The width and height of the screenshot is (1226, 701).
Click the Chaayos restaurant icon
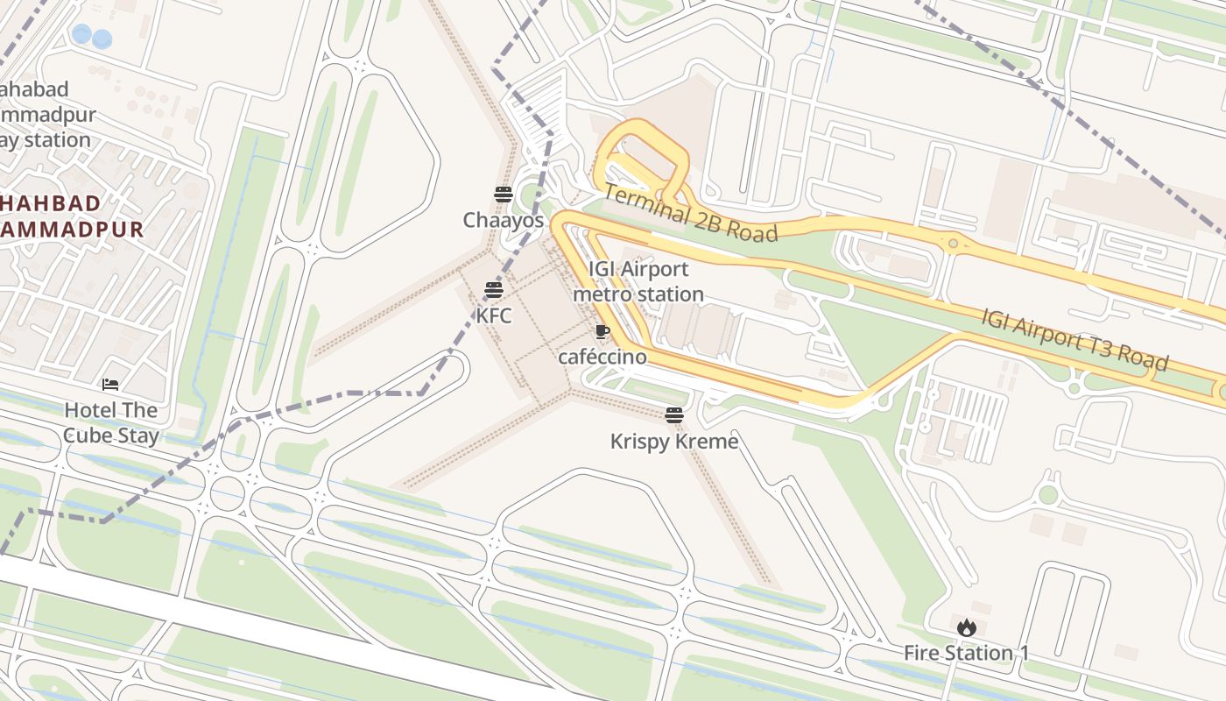(503, 194)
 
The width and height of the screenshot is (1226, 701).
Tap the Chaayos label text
(504, 221)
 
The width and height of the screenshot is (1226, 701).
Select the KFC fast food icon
(494, 290)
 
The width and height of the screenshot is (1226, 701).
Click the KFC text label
(494, 315)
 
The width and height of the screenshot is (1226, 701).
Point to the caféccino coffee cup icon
(602, 331)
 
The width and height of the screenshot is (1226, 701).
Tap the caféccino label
(602, 357)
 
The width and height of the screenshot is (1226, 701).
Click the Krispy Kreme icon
(673, 415)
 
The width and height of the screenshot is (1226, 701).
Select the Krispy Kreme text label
(674, 441)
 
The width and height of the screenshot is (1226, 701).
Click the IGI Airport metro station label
(638, 281)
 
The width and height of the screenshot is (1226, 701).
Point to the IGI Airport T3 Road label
(1075, 339)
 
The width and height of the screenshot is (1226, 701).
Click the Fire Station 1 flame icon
(966, 627)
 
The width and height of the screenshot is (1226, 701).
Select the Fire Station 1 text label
(966, 653)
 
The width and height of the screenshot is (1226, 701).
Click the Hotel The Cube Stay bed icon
(110, 384)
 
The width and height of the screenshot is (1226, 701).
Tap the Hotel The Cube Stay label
(110, 422)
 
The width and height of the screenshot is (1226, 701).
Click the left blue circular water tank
(81, 34)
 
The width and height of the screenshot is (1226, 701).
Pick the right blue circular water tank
(102, 39)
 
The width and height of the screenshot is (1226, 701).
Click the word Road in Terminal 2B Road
(750, 230)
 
